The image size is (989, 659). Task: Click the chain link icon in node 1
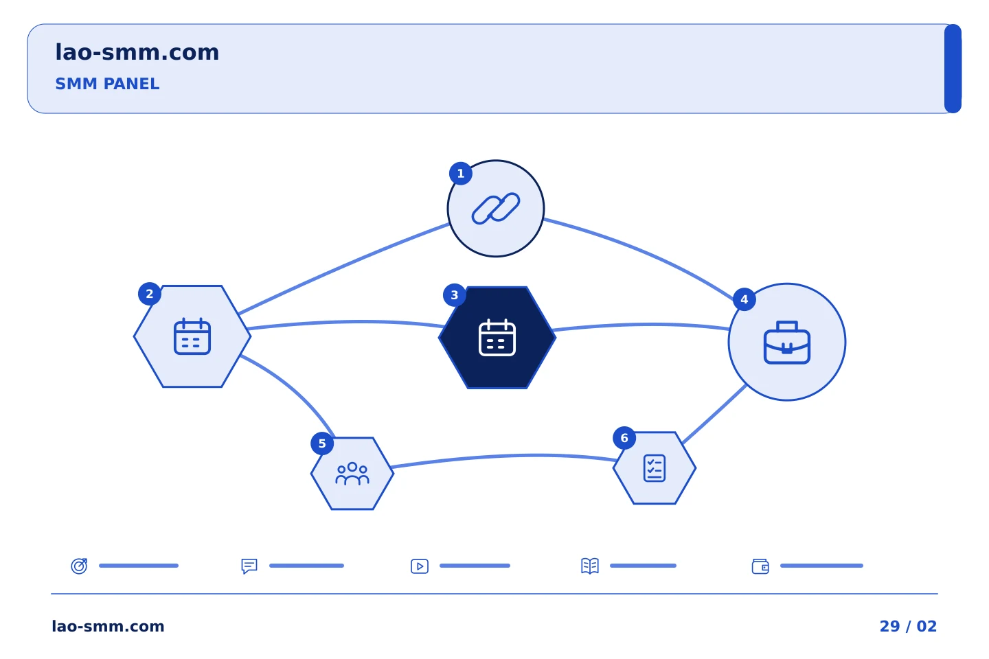coord(496,208)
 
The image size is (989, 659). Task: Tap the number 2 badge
coord(150,294)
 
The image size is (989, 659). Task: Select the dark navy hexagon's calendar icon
coord(497,338)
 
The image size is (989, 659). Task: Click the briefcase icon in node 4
coord(787,343)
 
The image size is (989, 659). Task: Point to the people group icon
coord(352,474)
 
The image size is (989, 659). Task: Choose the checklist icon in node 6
coord(655,468)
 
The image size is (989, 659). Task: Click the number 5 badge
coord(322,443)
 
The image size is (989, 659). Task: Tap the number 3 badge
coord(455,295)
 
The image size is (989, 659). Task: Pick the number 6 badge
coord(624,438)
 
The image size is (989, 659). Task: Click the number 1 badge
coord(460,174)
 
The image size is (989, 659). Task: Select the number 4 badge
coord(744,300)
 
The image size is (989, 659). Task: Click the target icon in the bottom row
coord(80,566)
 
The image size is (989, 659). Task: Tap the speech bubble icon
coord(249,566)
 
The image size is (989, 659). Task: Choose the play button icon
coord(420,566)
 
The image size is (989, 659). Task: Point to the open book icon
coord(590,566)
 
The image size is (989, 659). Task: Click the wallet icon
coord(760,566)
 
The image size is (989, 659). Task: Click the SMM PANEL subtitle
coord(107,84)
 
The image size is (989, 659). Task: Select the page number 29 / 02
coord(908,626)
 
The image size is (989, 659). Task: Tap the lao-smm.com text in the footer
coord(109,626)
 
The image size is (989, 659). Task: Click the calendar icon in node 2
coord(192,336)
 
